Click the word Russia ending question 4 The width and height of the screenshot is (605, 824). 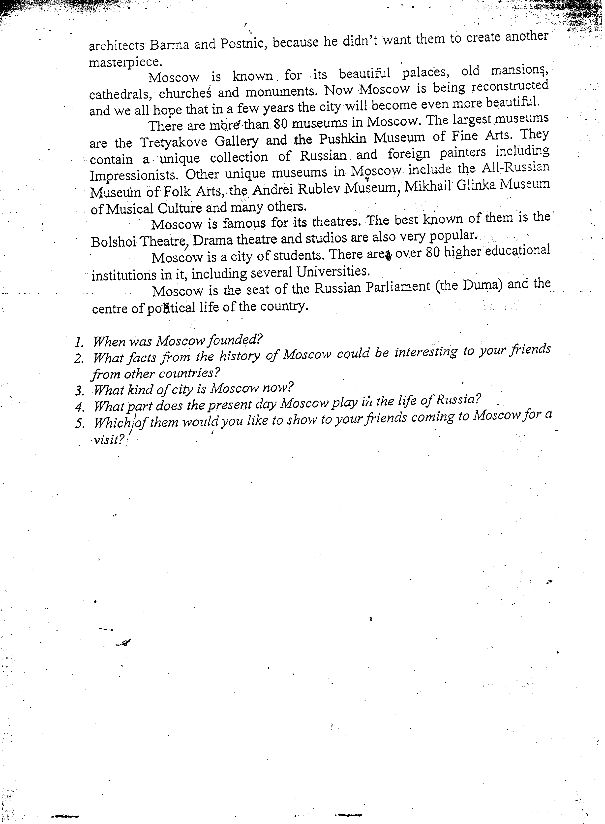(x=456, y=400)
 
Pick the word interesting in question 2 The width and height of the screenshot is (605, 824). (x=426, y=352)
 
